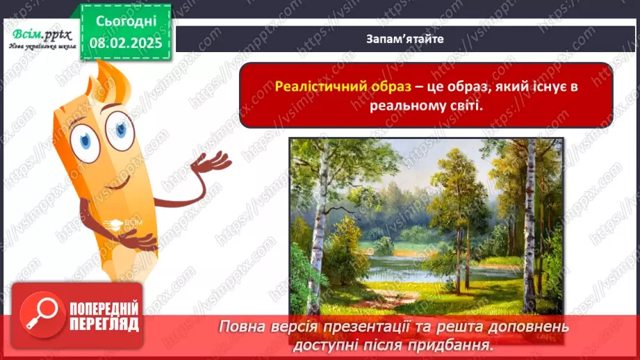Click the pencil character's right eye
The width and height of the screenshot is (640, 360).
(122, 129)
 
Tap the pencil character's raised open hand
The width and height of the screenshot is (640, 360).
(213, 162)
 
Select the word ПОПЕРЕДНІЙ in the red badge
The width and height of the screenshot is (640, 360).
(104, 309)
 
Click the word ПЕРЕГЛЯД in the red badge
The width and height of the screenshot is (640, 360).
(104, 324)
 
